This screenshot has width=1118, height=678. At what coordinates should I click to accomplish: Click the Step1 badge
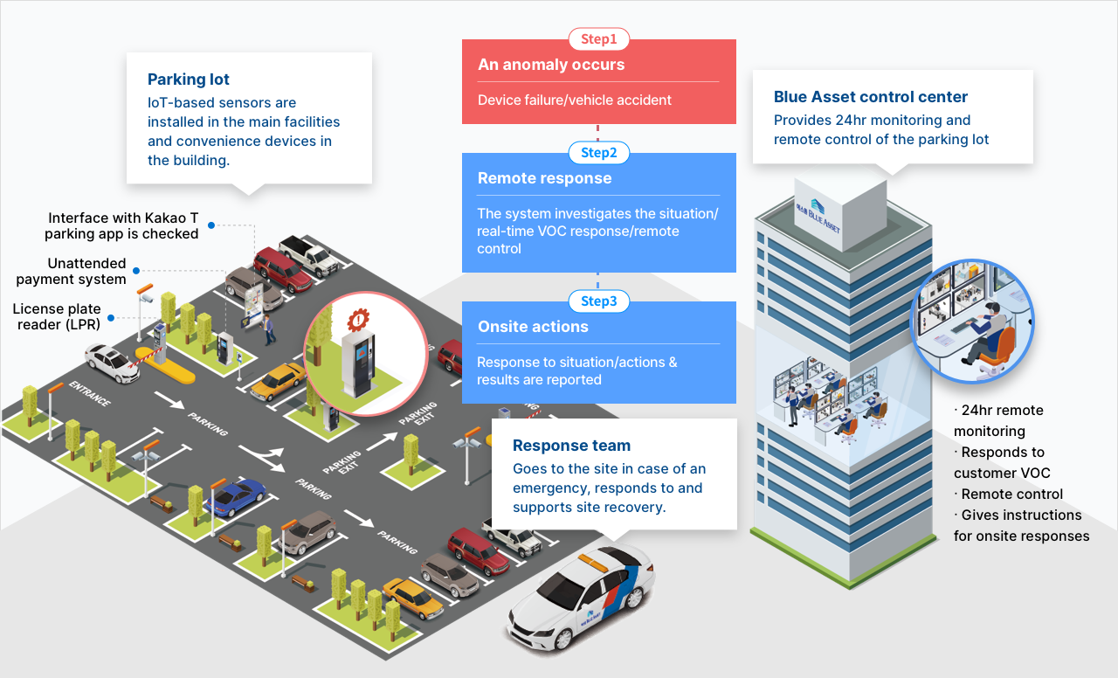598,39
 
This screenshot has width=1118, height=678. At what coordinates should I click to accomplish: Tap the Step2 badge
598,153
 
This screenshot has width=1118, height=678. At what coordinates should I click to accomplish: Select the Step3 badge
598,301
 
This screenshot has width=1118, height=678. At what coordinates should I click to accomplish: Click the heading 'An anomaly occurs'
551,65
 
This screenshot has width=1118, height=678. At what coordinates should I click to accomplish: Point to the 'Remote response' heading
544,178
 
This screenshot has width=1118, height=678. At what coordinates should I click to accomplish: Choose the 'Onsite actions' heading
533,327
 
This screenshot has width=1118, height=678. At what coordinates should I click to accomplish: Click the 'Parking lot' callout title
189,80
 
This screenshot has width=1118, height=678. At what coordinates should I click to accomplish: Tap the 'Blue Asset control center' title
871,97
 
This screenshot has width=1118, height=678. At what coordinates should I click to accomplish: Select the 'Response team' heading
571,446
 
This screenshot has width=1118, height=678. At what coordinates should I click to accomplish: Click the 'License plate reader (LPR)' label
57,316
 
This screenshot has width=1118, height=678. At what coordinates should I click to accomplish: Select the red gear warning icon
358,319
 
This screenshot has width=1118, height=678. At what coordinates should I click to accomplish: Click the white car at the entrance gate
112,361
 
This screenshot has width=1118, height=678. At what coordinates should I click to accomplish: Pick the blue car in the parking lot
235,496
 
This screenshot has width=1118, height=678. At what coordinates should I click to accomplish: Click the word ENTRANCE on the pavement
89,394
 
